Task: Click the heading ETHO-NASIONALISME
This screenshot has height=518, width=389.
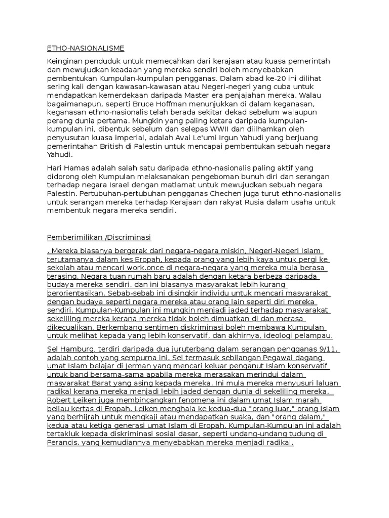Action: (85, 48)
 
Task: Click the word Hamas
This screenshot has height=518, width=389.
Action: (74, 167)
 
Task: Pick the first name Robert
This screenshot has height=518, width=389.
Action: (59, 400)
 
